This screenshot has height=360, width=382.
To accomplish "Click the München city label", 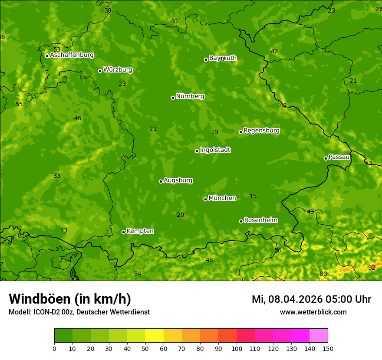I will [x=222, y=198].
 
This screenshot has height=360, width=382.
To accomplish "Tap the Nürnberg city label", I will [x=190, y=96].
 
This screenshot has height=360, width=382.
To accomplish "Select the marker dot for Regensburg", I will [x=240, y=132].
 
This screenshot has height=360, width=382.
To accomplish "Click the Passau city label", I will [x=339, y=157].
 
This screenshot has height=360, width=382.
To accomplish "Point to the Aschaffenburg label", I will [x=72, y=55].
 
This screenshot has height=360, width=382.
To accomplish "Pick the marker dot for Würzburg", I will [x=100, y=71].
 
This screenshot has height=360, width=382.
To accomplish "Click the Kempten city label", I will [x=140, y=231].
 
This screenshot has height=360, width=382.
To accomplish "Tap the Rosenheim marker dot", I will [x=241, y=221].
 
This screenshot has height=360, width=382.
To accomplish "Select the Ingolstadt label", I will [x=215, y=150].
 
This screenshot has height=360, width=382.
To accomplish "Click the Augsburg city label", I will [x=178, y=180].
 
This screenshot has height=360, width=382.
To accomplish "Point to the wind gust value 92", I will [x=372, y=268].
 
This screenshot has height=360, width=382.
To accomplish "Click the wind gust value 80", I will [x=323, y=274].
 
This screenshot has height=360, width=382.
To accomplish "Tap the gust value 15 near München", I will [x=253, y=196].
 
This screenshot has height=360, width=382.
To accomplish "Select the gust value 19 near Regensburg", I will [x=214, y=132].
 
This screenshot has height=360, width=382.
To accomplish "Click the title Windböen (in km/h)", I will [x=70, y=299].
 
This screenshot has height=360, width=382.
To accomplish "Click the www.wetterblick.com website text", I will [x=313, y=312].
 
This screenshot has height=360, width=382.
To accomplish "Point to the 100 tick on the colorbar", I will [x=237, y=348].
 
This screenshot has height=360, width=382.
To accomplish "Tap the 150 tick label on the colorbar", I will [x=328, y=348].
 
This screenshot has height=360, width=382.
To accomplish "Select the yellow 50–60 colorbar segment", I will [x=155, y=335].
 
